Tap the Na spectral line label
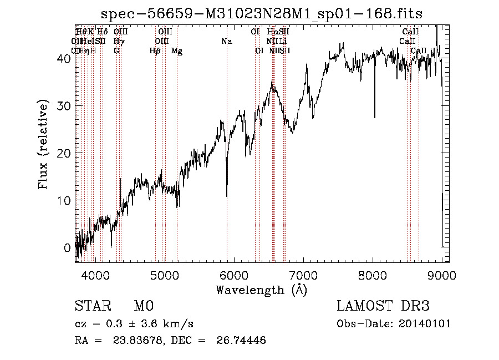click(226, 42)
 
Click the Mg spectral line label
click(177, 51)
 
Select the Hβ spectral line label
click(155, 51)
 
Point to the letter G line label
click(116, 51)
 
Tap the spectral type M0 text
click(143, 306)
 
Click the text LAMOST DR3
click(383, 306)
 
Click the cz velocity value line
click(134, 324)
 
